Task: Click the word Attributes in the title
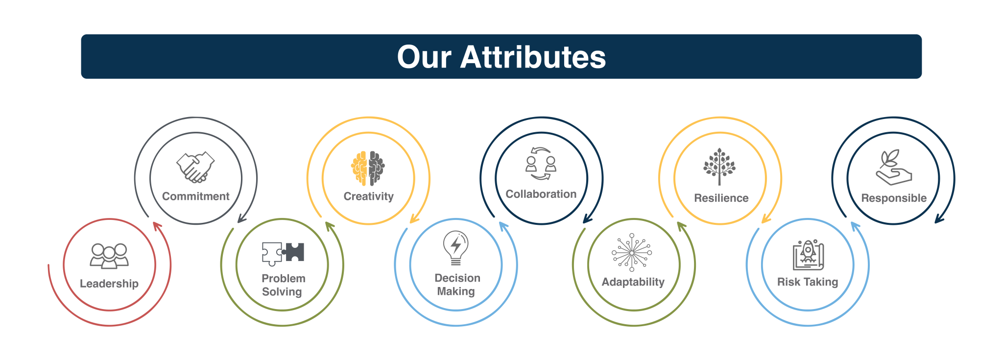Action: click(533, 57)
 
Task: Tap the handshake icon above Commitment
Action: click(195, 167)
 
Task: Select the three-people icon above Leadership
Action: click(109, 256)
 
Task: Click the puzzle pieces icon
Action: click(283, 253)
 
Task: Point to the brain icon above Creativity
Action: click(368, 168)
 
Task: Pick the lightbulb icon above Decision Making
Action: click(456, 248)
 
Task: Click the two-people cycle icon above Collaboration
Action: click(541, 164)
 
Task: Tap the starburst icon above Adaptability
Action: click(632, 252)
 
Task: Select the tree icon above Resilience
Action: click(719, 167)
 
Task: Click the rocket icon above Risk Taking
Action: click(808, 255)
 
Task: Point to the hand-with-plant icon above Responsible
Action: click(894, 167)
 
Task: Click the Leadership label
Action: click(109, 284)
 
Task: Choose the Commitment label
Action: click(196, 196)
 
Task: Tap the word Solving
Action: click(282, 292)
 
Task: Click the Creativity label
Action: click(369, 196)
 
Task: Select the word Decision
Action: click(457, 278)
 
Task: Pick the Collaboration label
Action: click(541, 194)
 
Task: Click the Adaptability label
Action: click(633, 282)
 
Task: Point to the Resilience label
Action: click(721, 198)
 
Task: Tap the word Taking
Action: click(821, 282)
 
